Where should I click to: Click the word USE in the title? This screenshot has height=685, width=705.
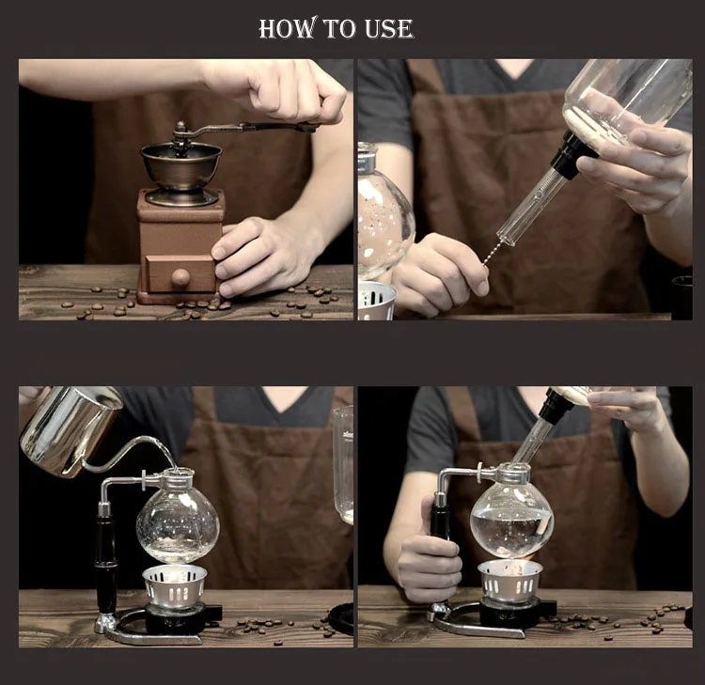pyautogui.click(x=389, y=29)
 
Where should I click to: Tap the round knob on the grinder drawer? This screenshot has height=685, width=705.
pyautogui.click(x=180, y=277)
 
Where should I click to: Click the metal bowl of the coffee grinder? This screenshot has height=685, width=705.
pyautogui.click(x=181, y=166)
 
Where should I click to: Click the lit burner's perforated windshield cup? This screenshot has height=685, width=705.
pyautogui.click(x=510, y=582)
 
